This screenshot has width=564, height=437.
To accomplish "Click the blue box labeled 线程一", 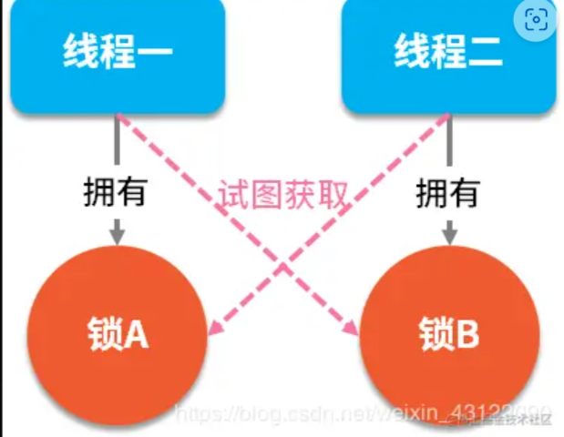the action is click(x=117, y=56).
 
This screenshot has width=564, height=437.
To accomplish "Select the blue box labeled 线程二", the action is click(x=447, y=56).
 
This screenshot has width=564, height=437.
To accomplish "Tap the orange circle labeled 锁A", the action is click(x=118, y=335).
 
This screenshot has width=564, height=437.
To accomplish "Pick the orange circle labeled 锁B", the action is click(x=449, y=335).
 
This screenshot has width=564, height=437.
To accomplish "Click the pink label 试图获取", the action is click(x=283, y=194).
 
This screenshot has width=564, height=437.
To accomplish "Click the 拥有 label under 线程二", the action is click(x=448, y=193).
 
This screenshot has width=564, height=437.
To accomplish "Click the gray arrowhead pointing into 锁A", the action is click(x=117, y=236).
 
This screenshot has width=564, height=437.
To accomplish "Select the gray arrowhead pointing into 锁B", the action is click(x=449, y=236).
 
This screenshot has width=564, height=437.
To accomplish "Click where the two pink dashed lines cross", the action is click(x=283, y=267).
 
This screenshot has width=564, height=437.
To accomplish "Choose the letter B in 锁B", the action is click(x=466, y=336).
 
